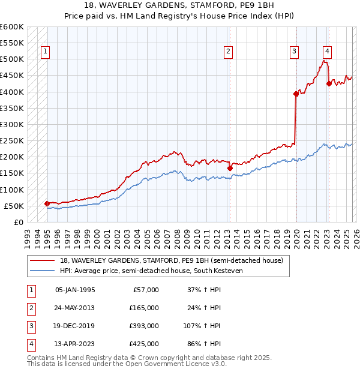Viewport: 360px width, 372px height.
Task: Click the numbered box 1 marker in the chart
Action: tap(46, 52)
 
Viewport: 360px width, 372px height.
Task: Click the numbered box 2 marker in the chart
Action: tap(229, 52)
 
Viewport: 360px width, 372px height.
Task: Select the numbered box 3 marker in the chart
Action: tap(295, 52)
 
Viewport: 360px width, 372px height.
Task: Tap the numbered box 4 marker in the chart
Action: tap(327, 52)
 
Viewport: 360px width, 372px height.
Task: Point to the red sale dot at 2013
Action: tap(230, 169)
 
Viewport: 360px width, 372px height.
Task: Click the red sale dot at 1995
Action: tap(47, 203)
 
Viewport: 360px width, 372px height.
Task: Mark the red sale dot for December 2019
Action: tap(296, 94)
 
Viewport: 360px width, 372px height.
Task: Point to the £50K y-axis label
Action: tap(14, 206)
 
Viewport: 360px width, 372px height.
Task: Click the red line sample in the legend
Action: tap(42, 260)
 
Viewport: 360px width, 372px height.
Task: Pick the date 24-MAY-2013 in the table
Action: tap(75, 307)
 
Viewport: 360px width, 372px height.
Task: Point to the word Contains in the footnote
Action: tap(42, 358)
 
